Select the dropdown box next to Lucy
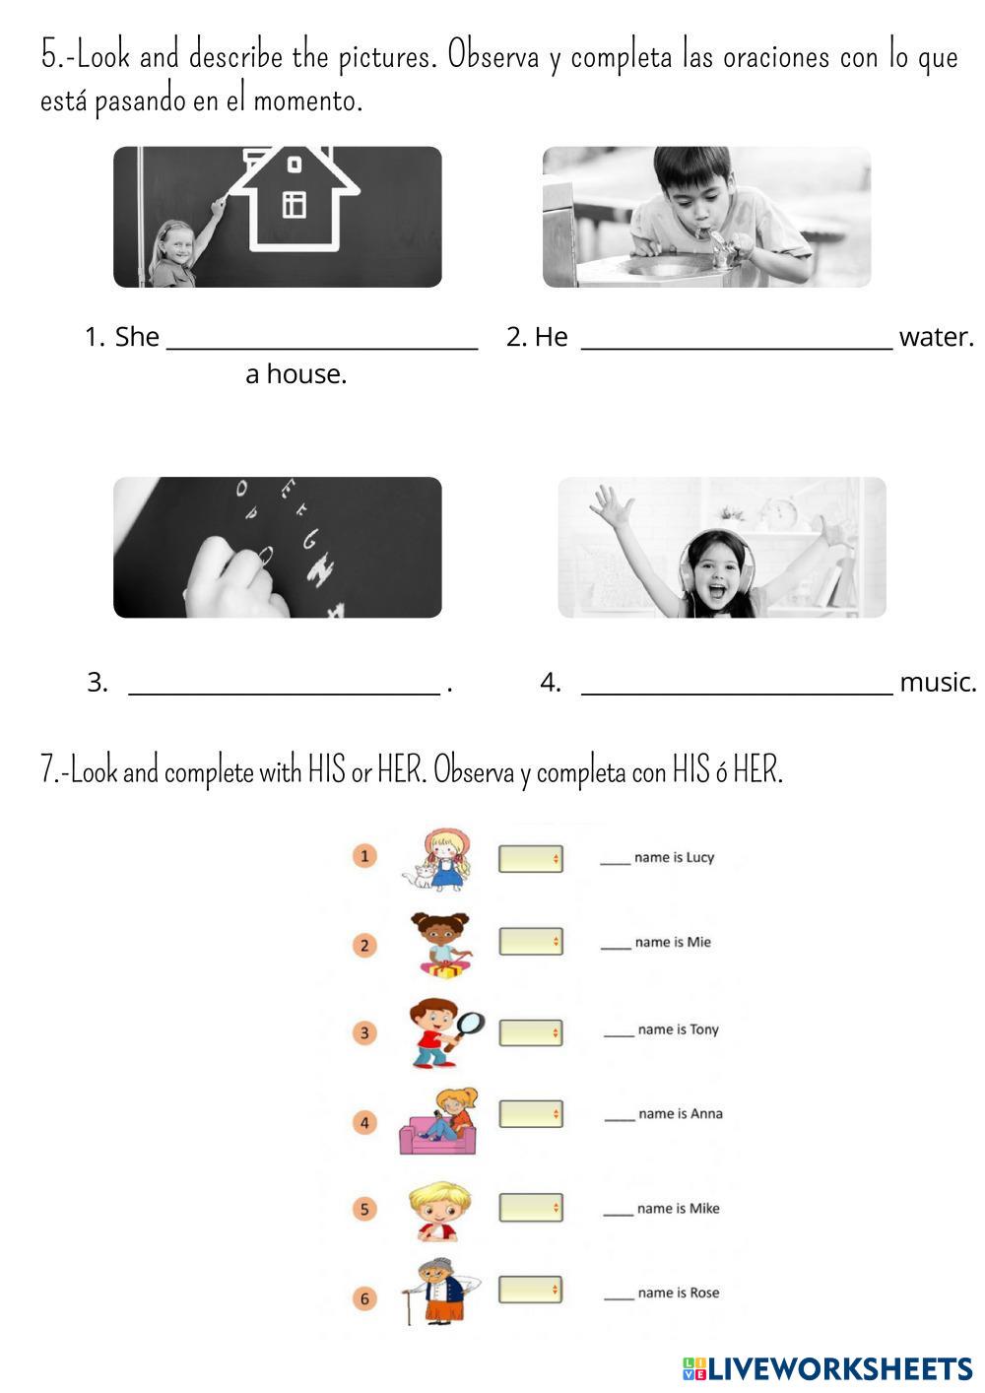pos(531,858)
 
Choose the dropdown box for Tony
pos(531,1032)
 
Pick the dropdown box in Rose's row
pos(531,1290)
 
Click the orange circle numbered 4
pos(364,1122)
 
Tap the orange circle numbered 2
pos(364,946)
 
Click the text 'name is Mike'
pos(678,1208)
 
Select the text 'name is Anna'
pos(681,1113)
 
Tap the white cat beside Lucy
pos(419,876)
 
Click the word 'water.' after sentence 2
pos(937,337)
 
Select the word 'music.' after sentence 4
pos(939,682)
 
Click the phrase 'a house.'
pos(296,374)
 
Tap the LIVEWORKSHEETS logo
pos(827,1368)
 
